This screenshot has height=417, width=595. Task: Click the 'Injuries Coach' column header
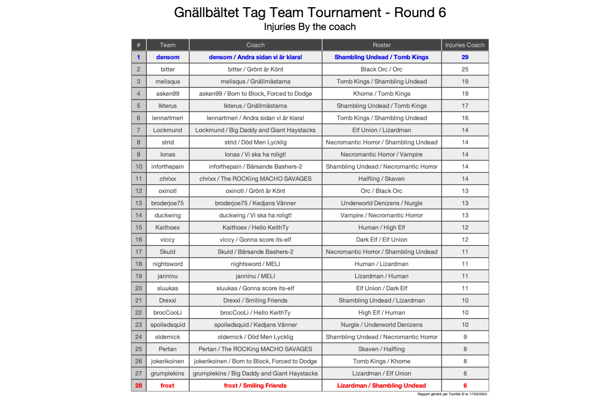(x=464, y=45)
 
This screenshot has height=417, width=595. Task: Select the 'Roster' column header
(x=382, y=45)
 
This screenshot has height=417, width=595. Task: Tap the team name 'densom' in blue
(x=167, y=57)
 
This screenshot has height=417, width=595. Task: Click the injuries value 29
(x=465, y=57)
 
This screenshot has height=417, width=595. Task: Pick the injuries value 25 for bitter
(x=465, y=69)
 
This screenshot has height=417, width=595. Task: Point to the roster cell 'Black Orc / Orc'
(x=382, y=69)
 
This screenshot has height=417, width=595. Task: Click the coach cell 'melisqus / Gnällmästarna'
(x=255, y=81)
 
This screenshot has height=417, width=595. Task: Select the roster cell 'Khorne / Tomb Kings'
(x=382, y=94)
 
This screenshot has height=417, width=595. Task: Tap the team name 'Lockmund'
(x=167, y=130)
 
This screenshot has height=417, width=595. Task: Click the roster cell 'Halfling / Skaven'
(x=382, y=179)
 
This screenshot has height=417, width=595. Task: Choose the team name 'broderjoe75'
(x=167, y=203)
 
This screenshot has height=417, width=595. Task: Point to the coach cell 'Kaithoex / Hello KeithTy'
(x=255, y=228)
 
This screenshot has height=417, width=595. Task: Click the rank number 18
(x=138, y=264)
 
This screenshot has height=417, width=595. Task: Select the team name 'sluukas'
(x=167, y=288)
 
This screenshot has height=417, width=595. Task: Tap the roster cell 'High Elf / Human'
(x=382, y=313)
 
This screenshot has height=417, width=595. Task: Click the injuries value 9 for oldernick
(x=465, y=337)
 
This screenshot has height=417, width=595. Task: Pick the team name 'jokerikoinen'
(x=167, y=361)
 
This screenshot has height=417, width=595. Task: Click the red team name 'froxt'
(x=167, y=386)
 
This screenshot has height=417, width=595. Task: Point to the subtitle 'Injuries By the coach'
(x=310, y=27)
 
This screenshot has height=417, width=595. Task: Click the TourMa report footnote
(x=452, y=394)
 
